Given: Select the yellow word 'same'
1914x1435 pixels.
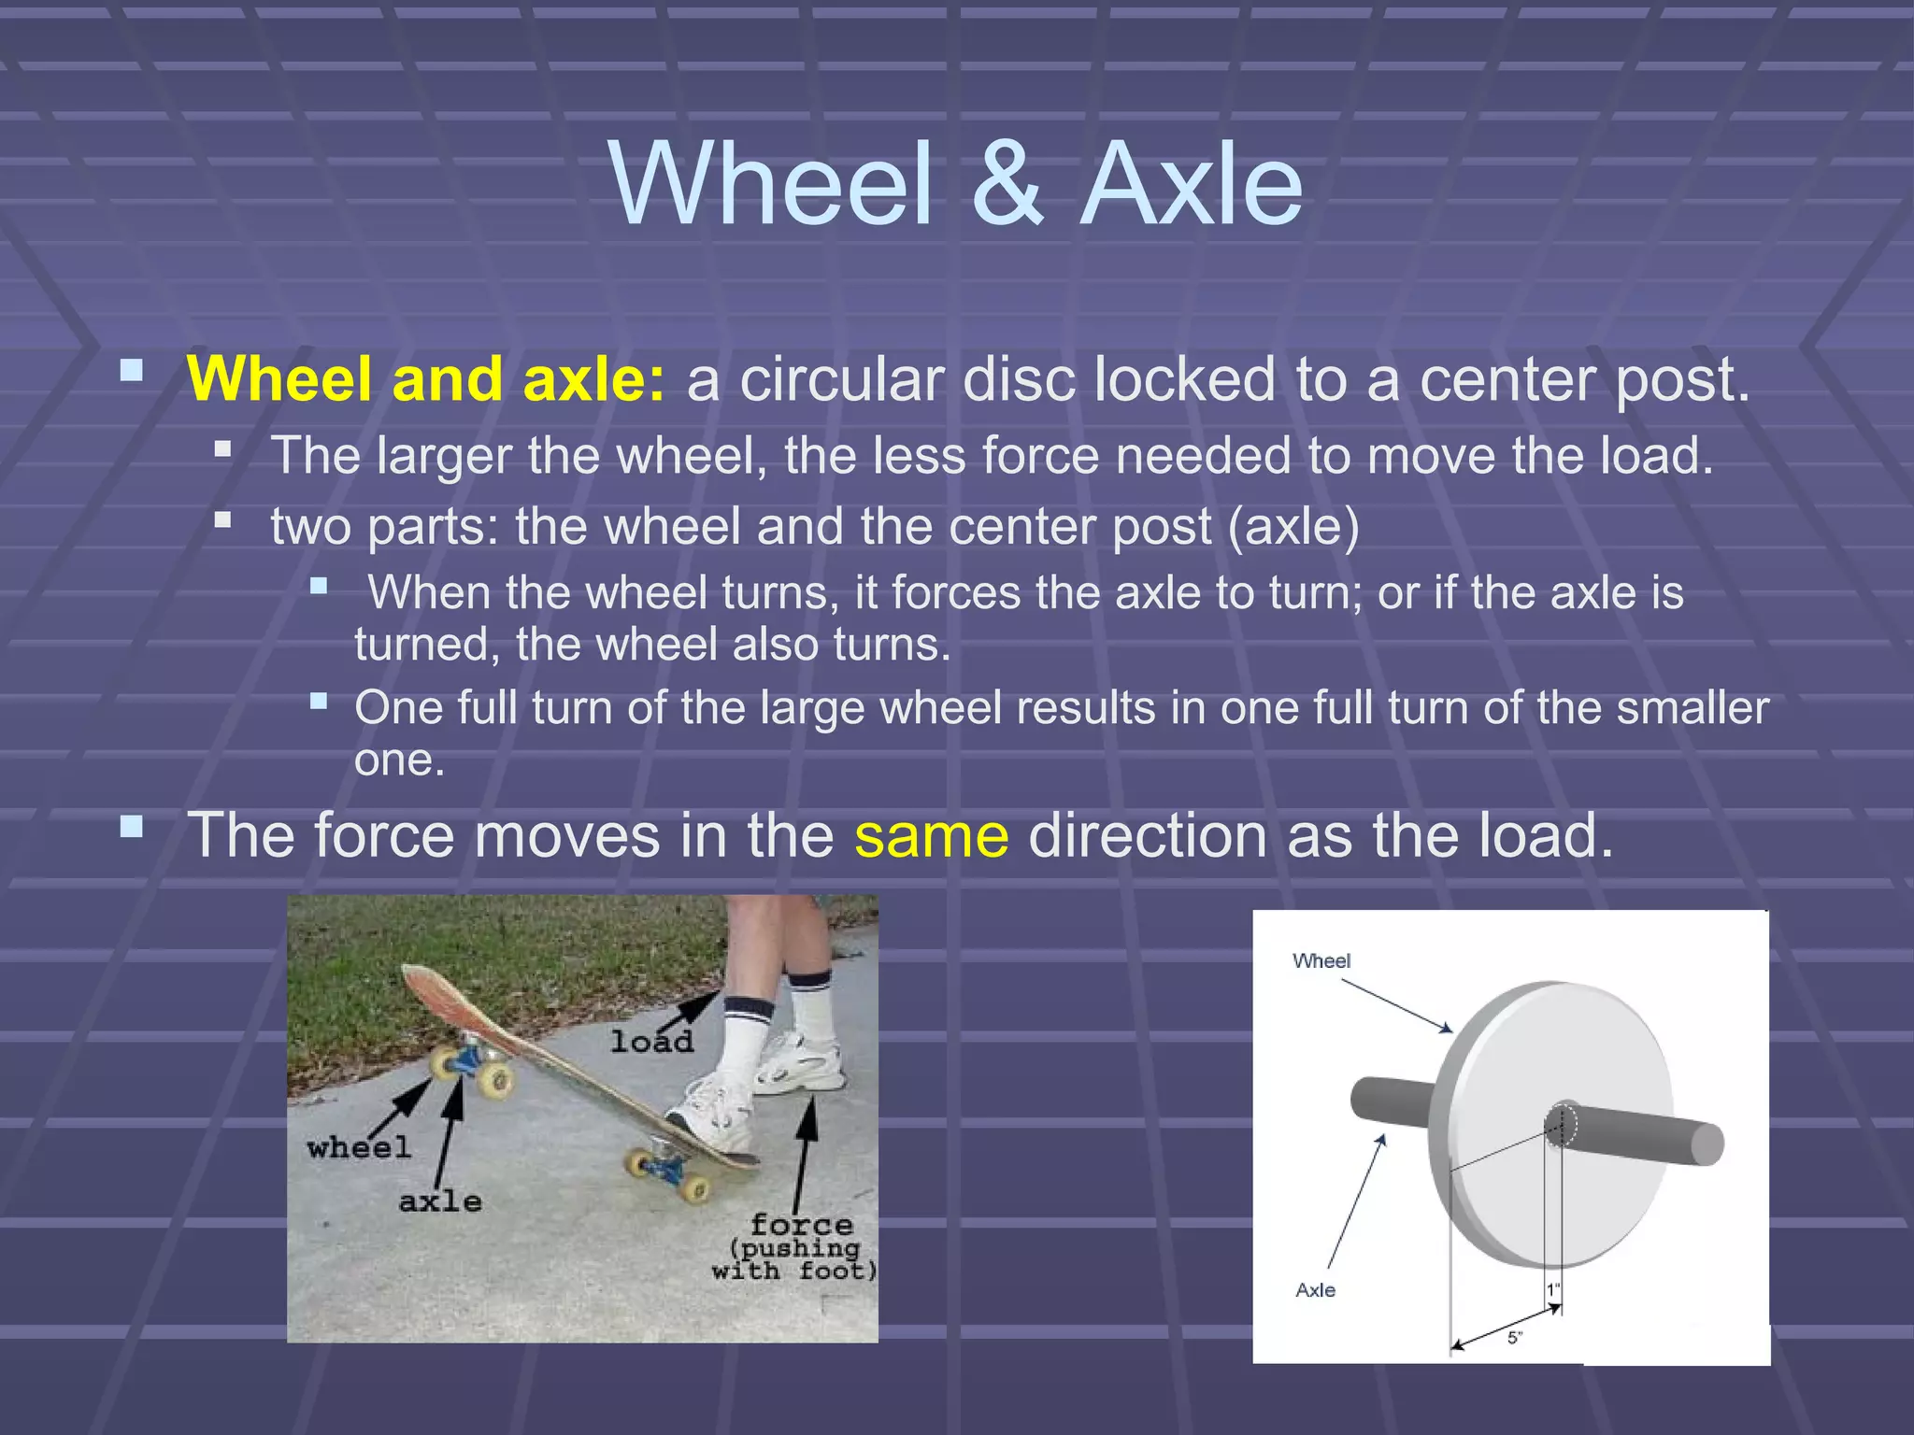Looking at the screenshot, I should pyautogui.click(x=931, y=835).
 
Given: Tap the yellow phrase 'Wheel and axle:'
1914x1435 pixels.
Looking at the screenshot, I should pyautogui.click(x=426, y=379).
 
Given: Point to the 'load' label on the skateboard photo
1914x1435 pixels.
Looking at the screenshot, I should pyautogui.click(x=651, y=1041).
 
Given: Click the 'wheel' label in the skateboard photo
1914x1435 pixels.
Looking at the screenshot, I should pyautogui.click(x=359, y=1147).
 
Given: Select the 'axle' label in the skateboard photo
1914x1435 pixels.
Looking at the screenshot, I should pyautogui.click(x=440, y=1201).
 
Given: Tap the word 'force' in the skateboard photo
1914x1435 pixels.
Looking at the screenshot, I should pyautogui.click(x=801, y=1224).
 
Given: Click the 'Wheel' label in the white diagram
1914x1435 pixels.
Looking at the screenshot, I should pyautogui.click(x=1321, y=960).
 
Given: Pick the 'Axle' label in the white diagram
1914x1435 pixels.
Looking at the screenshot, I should pyautogui.click(x=1315, y=1290).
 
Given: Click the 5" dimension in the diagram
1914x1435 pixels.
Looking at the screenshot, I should pyautogui.click(x=1515, y=1338).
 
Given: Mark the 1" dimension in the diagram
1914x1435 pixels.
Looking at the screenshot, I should pyautogui.click(x=1553, y=1290).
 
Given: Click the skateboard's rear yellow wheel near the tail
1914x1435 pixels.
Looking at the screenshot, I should pyautogui.click(x=694, y=1188).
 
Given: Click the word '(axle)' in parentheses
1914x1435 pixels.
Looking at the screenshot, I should pyautogui.click(x=1293, y=527).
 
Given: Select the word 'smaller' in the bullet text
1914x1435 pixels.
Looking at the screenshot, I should pyautogui.click(x=1693, y=707).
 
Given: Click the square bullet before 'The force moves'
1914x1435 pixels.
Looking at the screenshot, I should pyautogui.click(x=132, y=827).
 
